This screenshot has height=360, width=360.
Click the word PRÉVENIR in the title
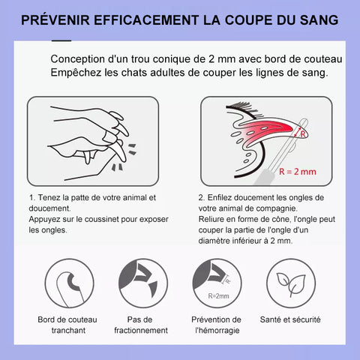[55, 20]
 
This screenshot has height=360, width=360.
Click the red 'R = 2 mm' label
[298, 172]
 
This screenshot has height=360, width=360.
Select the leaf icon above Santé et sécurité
[291, 284]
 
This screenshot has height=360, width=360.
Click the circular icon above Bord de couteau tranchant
[70, 283]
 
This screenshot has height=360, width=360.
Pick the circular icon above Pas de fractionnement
[143, 283]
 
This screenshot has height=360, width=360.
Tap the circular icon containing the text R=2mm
[217, 283]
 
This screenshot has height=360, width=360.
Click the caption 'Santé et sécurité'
[290, 319]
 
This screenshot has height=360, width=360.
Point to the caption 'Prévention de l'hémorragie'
[217, 325]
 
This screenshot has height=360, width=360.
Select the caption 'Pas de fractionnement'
[141, 325]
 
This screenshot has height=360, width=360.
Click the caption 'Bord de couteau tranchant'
[67, 325]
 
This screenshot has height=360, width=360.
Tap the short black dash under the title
[61, 40]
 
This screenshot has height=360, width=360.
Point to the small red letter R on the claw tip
[303, 134]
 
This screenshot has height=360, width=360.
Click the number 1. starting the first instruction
[32, 197]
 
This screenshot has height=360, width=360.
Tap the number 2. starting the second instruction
[202, 197]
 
